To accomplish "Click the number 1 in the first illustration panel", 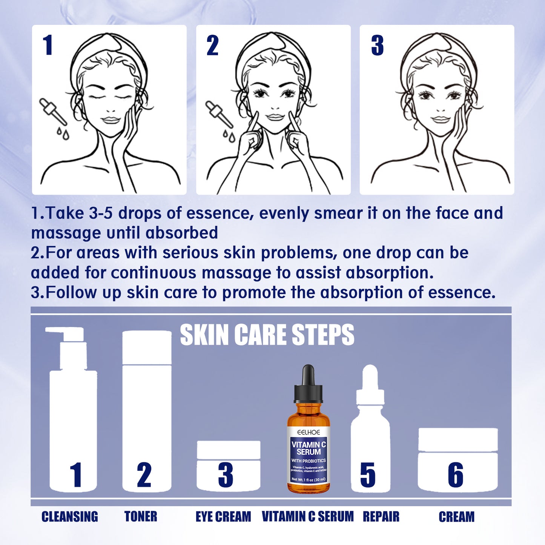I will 48,45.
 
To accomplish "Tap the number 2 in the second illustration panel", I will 212,46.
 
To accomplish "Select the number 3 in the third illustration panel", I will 377,46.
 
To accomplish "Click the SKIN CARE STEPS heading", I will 267,335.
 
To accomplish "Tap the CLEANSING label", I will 70,517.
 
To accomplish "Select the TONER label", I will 141,517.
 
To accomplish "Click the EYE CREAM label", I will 223,517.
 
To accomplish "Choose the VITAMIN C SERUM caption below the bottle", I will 308,517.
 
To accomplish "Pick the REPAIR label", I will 381,517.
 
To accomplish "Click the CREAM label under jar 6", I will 456,517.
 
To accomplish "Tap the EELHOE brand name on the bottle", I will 309,432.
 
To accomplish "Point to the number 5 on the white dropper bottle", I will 368,475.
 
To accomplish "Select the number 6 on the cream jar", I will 456,475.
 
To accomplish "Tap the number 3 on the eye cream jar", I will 226,475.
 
